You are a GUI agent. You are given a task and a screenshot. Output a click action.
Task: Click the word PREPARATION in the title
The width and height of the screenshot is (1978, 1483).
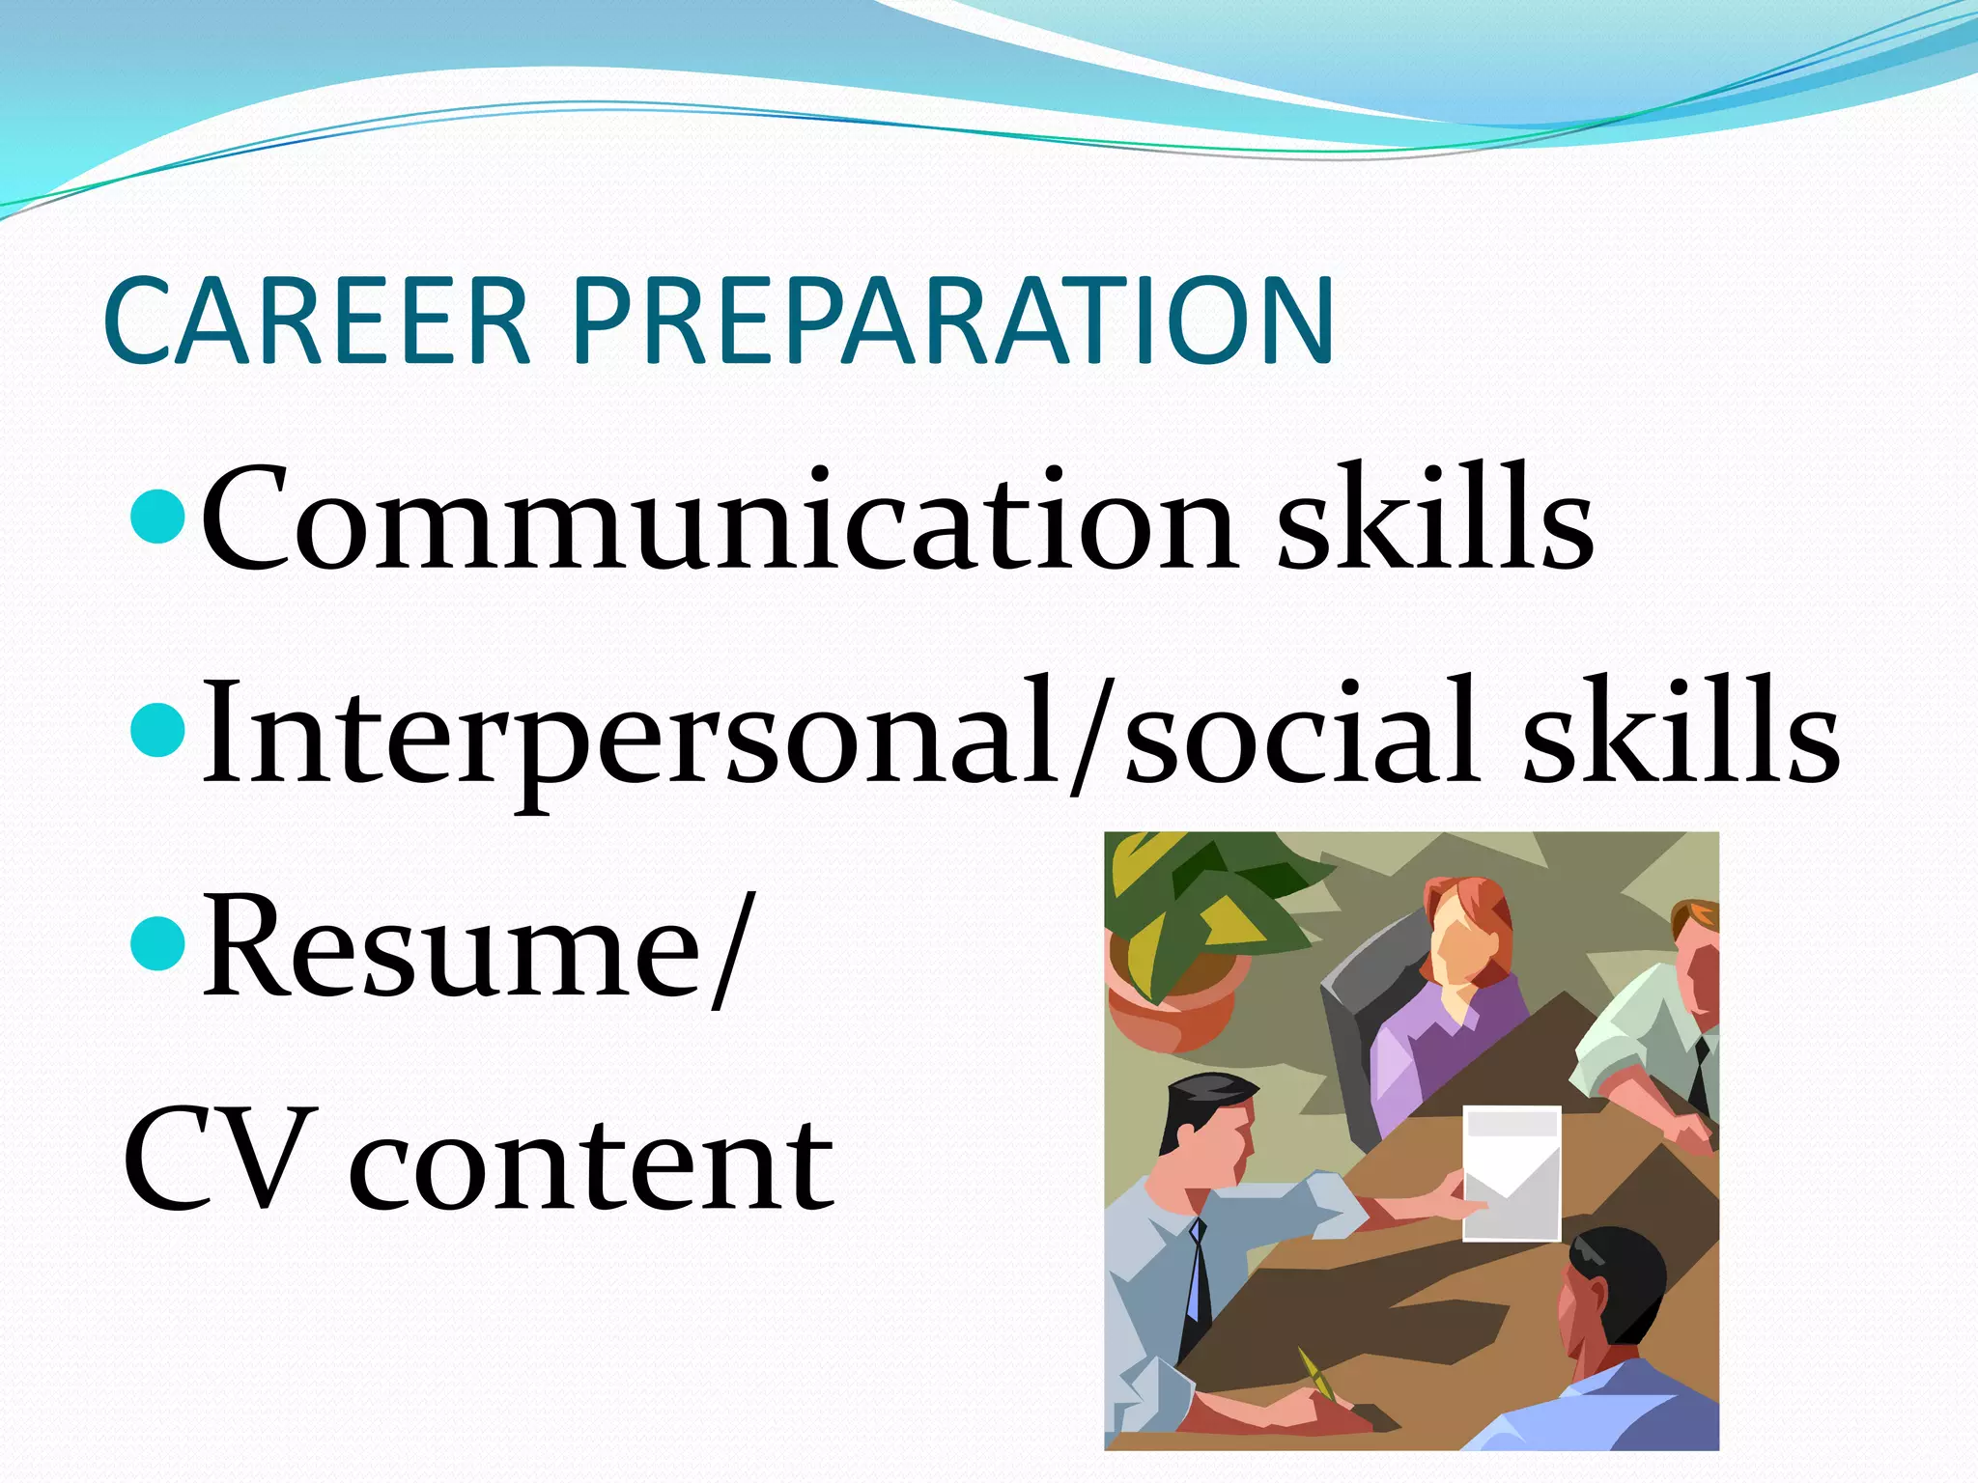click(952, 322)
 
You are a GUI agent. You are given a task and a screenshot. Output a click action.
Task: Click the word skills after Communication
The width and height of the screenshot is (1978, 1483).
click(1435, 520)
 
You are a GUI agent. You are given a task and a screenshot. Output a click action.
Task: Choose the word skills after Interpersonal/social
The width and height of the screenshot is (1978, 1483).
click(1681, 735)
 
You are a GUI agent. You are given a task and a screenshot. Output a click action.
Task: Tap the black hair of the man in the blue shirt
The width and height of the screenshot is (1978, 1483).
click(1623, 1274)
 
